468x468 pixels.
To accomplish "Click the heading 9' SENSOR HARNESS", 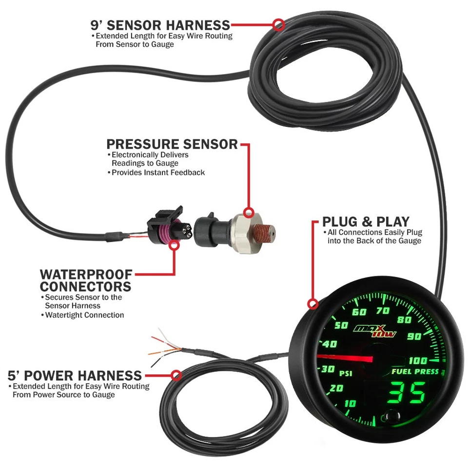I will (x=160, y=25).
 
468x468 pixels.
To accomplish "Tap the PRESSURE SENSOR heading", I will (x=172, y=144).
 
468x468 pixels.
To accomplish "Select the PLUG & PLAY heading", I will (x=366, y=221).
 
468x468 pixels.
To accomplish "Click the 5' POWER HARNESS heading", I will (x=75, y=376).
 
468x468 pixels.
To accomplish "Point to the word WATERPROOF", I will (x=86, y=274).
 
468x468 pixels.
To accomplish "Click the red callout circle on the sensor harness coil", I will (x=278, y=24).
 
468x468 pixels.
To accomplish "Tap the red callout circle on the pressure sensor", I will (x=249, y=213).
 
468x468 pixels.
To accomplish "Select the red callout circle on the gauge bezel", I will (x=313, y=304).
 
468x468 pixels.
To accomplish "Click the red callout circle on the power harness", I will (x=176, y=375).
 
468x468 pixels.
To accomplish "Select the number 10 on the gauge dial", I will (x=350, y=403).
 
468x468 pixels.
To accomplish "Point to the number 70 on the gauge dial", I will (x=383, y=311).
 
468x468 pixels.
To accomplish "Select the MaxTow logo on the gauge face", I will (x=375, y=331).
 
